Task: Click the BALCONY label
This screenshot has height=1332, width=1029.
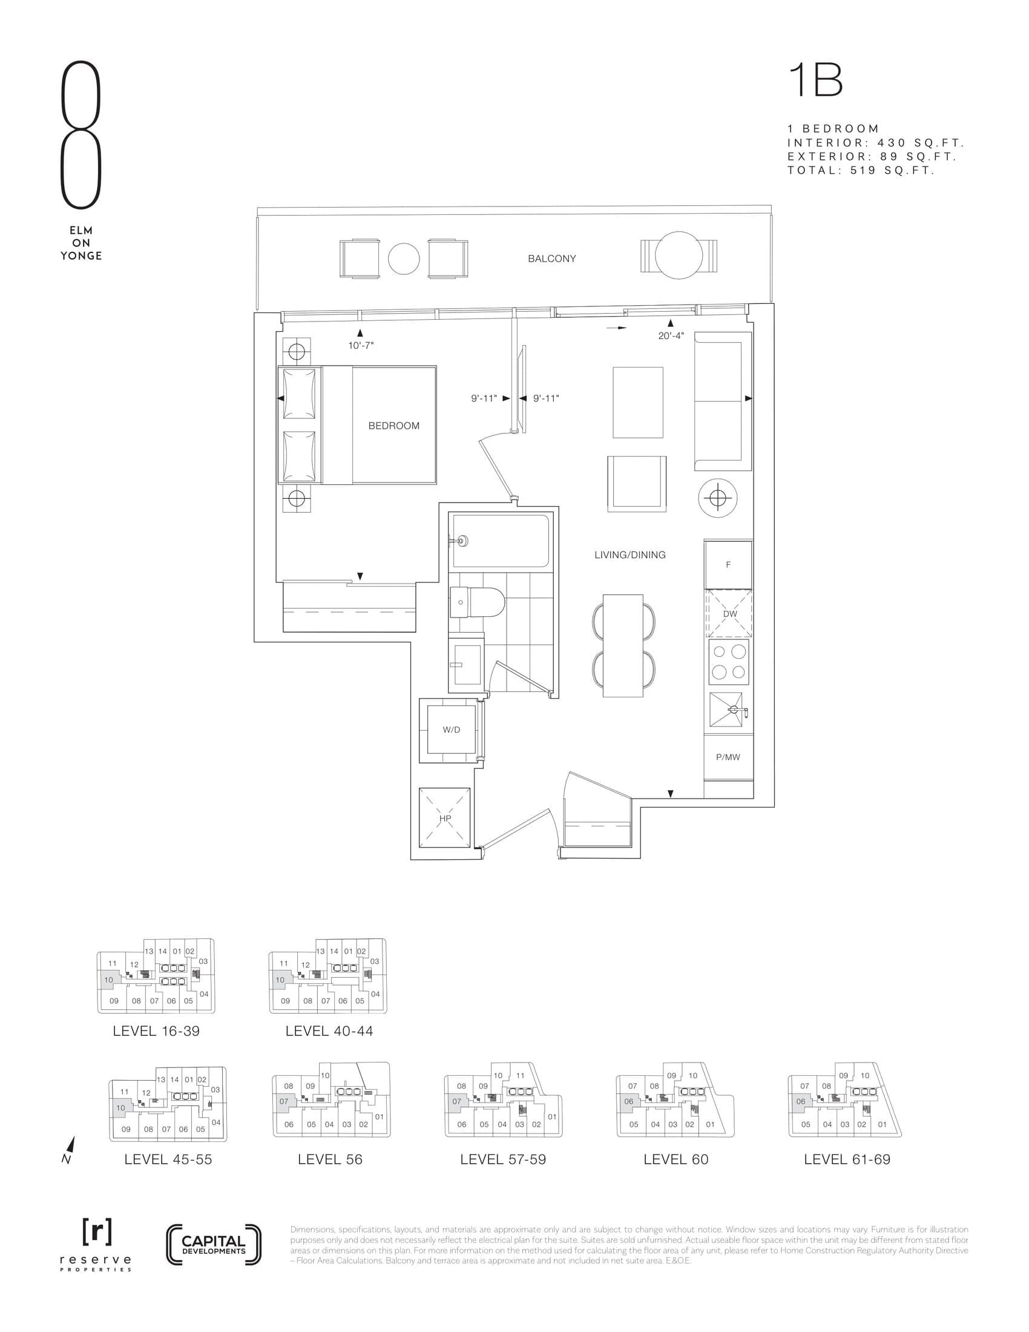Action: (x=551, y=259)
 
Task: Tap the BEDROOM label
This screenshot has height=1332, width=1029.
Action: (x=393, y=426)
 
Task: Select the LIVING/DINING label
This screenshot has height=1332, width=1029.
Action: (x=630, y=555)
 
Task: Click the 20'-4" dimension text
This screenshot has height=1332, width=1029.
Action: (x=671, y=335)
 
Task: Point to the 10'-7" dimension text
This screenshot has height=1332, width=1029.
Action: (x=360, y=345)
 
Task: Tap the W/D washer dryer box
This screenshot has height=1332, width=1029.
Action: (x=451, y=730)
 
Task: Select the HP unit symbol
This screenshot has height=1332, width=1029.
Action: (x=445, y=818)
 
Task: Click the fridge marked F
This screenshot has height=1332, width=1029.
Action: (x=728, y=565)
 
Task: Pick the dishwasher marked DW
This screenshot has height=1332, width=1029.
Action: (x=729, y=613)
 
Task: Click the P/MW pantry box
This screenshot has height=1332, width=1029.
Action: (x=728, y=757)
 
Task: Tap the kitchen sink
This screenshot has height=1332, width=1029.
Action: (x=727, y=710)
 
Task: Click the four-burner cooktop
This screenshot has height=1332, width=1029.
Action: (x=728, y=662)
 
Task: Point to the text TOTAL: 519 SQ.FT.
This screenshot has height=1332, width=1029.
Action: (x=860, y=171)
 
